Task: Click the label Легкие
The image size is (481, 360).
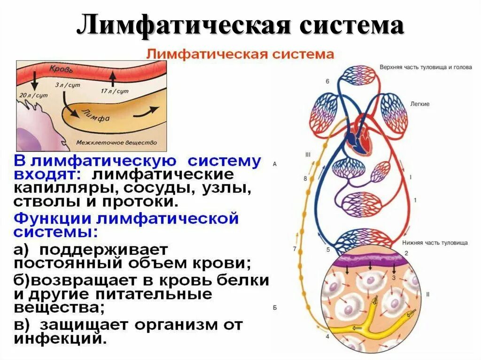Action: pyautogui.click(x=419, y=104)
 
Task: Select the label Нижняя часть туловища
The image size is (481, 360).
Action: pyautogui.click(x=434, y=243)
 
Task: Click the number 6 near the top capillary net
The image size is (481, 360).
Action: pyautogui.click(x=327, y=81)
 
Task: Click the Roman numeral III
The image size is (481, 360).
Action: pyautogui.click(x=308, y=154)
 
